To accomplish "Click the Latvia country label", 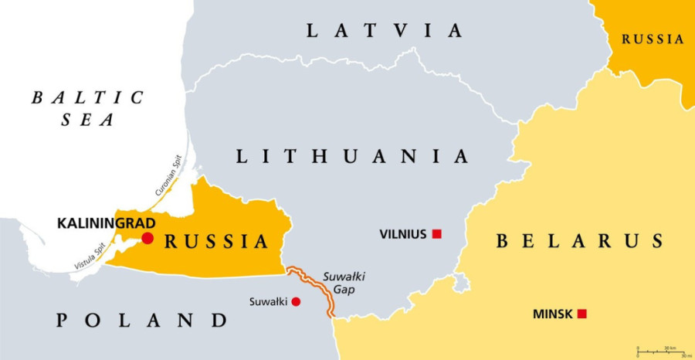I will (385, 31).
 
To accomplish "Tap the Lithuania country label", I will (352, 156).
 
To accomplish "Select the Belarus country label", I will (579, 241).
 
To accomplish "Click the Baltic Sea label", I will (86, 108).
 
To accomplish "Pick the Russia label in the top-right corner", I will (653, 39).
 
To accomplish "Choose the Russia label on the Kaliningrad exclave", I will (217, 242).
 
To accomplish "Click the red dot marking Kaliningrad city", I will (147, 238).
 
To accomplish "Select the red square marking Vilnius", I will (436, 233).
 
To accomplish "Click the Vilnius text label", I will (403, 233).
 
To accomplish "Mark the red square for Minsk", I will (581, 314).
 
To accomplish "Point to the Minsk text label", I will (553, 314).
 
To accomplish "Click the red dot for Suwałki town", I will (296, 301).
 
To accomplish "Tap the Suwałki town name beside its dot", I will (269, 301).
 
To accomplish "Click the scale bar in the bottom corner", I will (662, 352).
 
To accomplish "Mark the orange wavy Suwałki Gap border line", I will (318, 290).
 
